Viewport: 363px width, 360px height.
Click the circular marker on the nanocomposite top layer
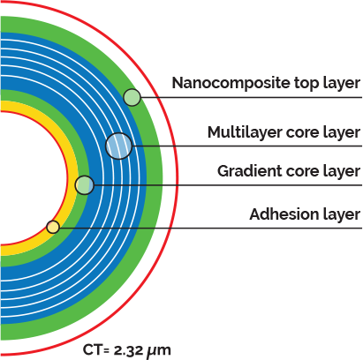132,97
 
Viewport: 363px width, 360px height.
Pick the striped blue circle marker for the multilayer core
119,146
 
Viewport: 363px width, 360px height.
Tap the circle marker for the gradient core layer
85,185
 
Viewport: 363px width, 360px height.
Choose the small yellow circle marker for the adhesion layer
53,227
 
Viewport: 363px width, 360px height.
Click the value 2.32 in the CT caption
128,350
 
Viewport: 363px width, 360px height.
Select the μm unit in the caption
158,351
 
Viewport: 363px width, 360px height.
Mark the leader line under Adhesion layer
211,228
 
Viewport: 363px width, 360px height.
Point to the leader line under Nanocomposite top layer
251,97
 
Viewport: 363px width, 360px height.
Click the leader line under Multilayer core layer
247,146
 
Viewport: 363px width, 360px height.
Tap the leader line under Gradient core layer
228,185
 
